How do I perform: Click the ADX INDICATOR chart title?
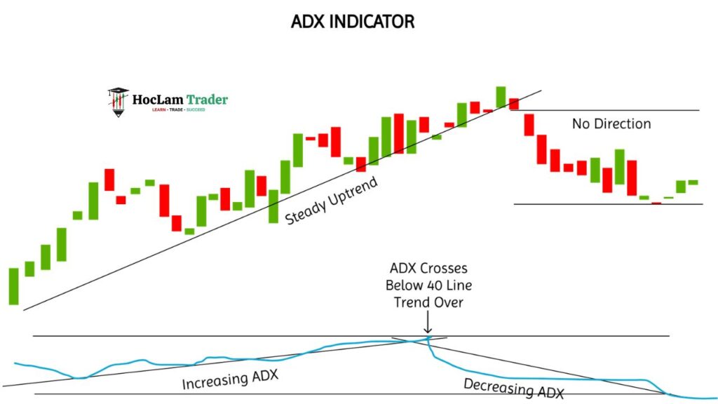pos(353,22)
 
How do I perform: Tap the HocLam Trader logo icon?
pos(118,102)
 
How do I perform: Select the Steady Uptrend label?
pos(331,201)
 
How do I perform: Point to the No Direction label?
pos(611,124)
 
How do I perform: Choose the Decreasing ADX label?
pos(513,388)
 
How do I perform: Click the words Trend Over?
pos(428,302)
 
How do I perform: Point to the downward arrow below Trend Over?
pos(428,324)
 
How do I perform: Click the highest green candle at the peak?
pos(501,97)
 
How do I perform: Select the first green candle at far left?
pos(13,285)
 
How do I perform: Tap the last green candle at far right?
pos(693,182)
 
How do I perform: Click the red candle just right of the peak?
pos(514,104)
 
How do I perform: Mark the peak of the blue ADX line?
pos(428,338)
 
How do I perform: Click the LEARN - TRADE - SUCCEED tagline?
pos(174,110)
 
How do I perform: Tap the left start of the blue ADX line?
pos(15,363)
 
